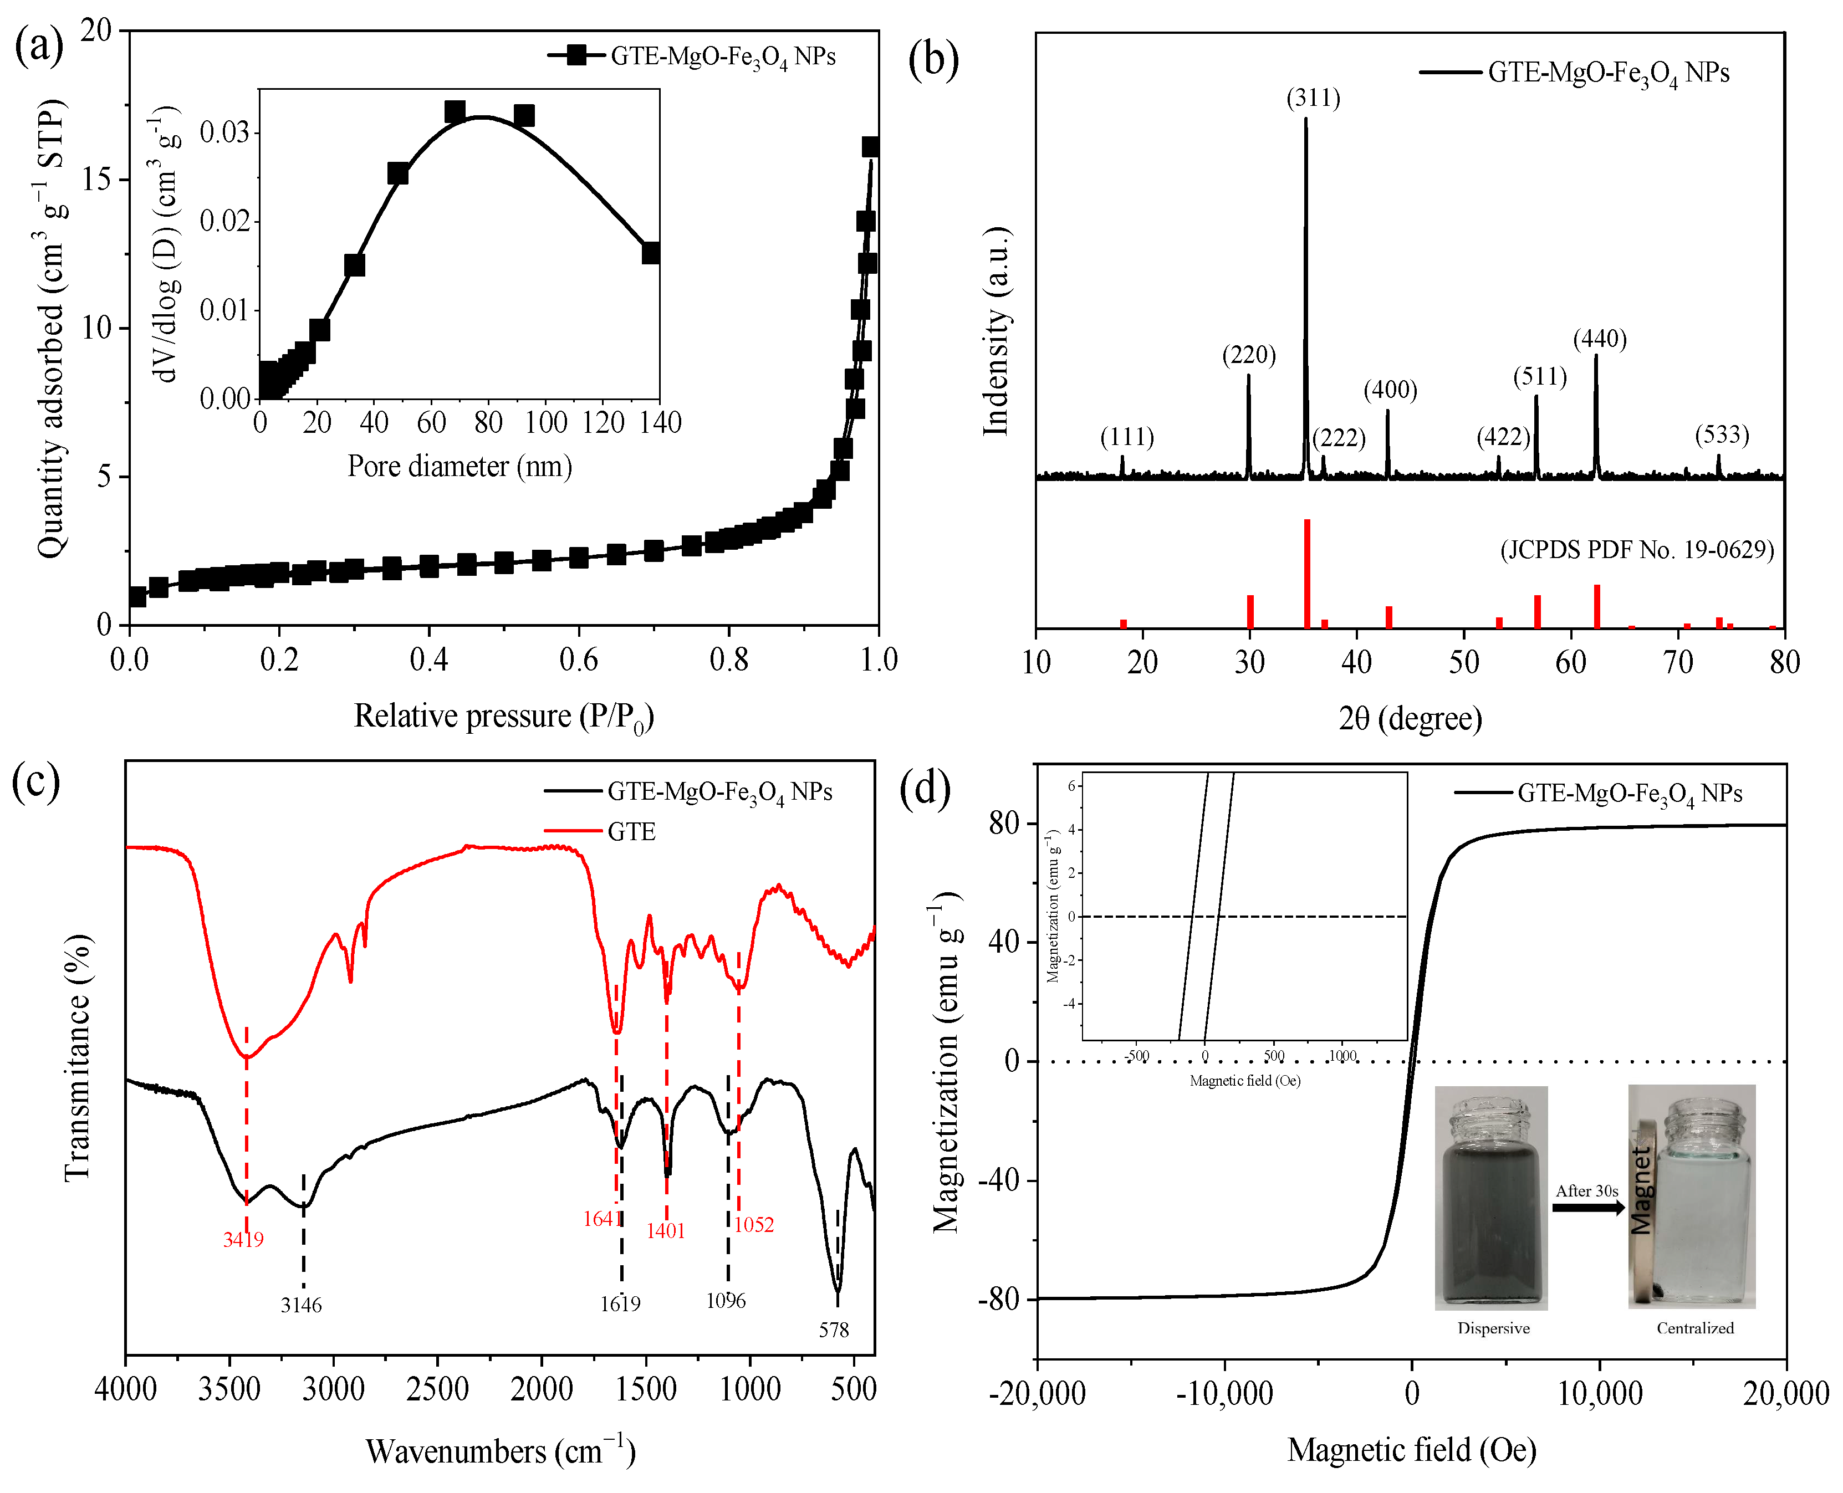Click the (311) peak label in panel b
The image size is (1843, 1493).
click(1313, 98)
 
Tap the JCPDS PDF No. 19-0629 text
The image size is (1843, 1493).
click(1637, 550)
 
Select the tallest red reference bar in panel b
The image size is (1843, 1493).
click(1306, 573)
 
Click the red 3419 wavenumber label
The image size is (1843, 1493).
click(243, 1239)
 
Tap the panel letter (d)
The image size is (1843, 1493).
click(925, 788)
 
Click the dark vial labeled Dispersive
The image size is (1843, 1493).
click(1490, 1200)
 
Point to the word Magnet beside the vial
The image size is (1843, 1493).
click(1641, 1190)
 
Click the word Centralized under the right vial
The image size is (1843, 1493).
click(1694, 1328)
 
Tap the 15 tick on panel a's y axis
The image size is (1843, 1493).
click(96, 180)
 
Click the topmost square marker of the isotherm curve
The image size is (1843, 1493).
click(870, 147)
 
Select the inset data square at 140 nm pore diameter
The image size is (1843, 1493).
click(651, 253)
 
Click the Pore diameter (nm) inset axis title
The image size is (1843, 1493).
click(460, 466)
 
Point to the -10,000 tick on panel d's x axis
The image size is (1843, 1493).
click(1224, 1393)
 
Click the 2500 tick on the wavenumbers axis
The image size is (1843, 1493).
click(438, 1389)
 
